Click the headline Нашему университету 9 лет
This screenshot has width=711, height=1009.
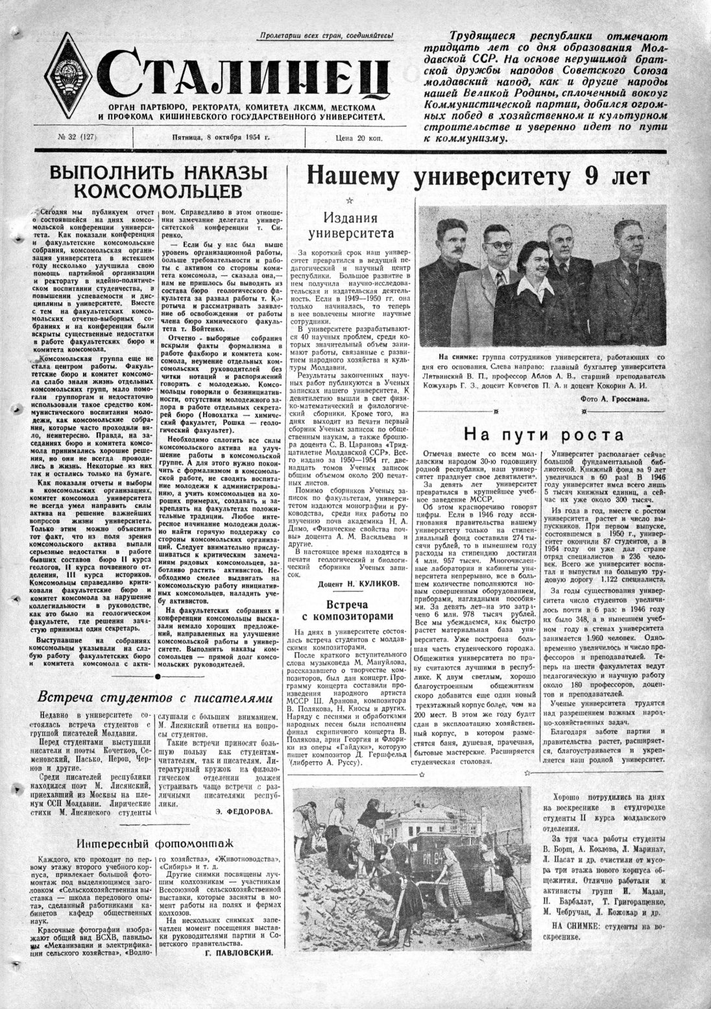point(477,176)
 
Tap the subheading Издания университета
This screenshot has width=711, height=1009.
point(350,225)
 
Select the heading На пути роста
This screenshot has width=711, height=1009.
point(544,435)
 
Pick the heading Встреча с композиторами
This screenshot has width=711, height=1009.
point(350,610)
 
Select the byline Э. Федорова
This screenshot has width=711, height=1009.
point(245,811)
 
